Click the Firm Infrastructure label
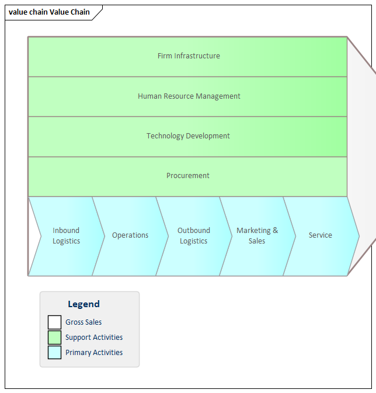pyautogui.click(x=189, y=56)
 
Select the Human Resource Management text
pyautogui.click(x=189, y=96)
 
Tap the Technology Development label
pyautogui.click(x=188, y=136)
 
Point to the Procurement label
pyautogui.click(x=188, y=176)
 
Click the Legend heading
pyautogui.click(x=83, y=304)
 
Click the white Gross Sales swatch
pyautogui.click(x=54, y=322)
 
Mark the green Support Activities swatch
pyautogui.click(x=54, y=338)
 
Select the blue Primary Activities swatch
pyautogui.click(x=54, y=353)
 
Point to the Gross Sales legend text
pyautogui.click(x=83, y=322)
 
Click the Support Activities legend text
pyautogui.click(x=94, y=338)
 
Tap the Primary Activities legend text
pyautogui.click(x=94, y=353)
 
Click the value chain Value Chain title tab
pyautogui.click(x=50, y=12)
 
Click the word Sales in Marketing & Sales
pyautogui.click(x=257, y=241)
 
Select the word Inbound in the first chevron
pyautogui.click(x=66, y=231)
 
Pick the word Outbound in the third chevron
pyautogui.click(x=194, y=231)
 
